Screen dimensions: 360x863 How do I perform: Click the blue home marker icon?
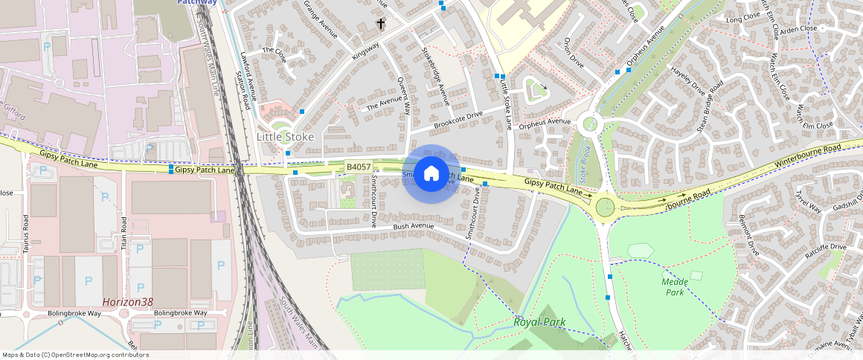coord(431,174)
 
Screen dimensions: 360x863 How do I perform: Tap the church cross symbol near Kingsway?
coord(381,24)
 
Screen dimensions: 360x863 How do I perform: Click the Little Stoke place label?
coord(285,137)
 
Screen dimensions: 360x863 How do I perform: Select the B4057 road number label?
coord(359,167)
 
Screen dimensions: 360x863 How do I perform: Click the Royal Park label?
coord(539,322)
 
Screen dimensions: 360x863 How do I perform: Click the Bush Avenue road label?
coord(413,225)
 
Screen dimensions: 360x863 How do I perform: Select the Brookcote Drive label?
coord(458,118)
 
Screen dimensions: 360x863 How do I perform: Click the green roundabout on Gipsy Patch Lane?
coord(606,205)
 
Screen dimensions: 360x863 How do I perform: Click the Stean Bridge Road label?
coord(710,107)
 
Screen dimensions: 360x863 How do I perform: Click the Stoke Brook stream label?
coord(585,166)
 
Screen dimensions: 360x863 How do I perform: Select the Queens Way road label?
coord(404,95)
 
